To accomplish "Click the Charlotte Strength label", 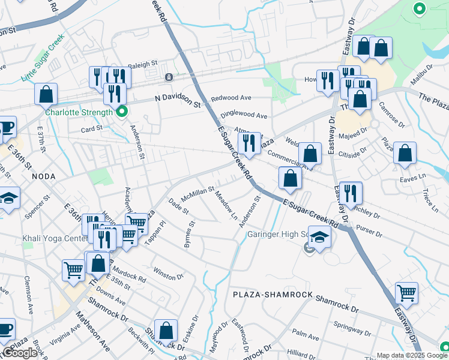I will [78, 112].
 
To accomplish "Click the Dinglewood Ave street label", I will [244, 115].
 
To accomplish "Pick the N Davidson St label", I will [177, 100].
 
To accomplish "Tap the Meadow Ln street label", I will [227, 206].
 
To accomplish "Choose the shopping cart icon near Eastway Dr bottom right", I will [407, 293].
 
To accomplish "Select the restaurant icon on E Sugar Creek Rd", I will [249, 143].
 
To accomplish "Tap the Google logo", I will [20, 353].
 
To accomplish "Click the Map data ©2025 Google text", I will [412, 355].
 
